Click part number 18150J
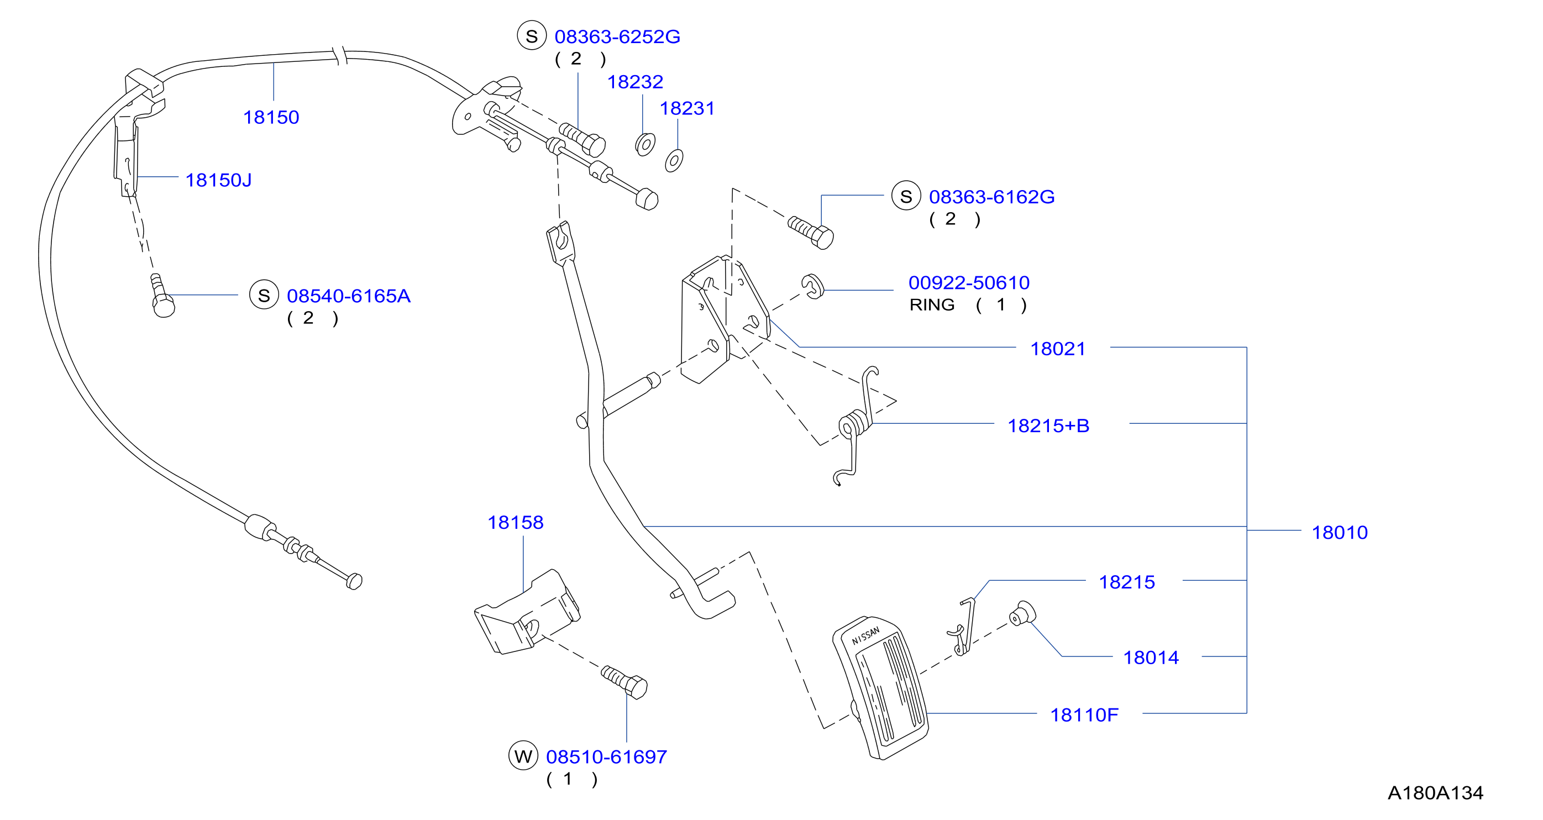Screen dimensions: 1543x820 pos(219,180)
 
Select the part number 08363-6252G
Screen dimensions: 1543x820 pos(617,37)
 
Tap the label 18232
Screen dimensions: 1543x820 pos(636,82)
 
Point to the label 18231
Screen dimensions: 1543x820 pos(687,108)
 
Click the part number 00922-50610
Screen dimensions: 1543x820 pos(969,283)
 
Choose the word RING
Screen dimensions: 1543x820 pos(932,305)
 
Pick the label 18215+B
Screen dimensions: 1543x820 pos(1048,426)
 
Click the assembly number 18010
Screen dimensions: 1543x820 pos(1340,533)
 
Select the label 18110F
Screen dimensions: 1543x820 pos(1084,715)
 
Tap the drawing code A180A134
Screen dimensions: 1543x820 pos(1436,793)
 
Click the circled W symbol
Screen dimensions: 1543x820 pos(523,756)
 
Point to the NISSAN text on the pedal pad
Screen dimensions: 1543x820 pos(865,636)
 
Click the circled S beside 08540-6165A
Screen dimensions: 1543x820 pos(264,295)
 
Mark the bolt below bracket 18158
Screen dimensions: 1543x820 pos(624,682)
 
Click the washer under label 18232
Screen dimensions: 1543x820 pos(645,144)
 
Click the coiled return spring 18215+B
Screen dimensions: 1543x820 pos(856,425)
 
